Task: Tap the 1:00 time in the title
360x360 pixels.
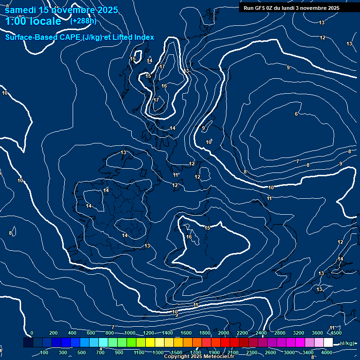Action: [17, 21]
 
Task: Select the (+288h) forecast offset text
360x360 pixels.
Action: [83, 21]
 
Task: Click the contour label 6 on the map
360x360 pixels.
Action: [296, 114]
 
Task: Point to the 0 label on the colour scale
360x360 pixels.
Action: [32, 333]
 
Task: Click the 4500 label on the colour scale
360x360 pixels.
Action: [336, 333]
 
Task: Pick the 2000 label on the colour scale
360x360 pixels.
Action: [224, 333]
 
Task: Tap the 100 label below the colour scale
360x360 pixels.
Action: [44, 352]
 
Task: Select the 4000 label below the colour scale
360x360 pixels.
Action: [327, 352]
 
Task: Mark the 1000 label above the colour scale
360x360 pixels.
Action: [129, 333]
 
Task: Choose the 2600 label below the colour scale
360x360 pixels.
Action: [270, 352]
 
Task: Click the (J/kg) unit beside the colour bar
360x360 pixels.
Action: [347, 343]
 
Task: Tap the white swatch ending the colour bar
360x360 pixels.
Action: [328, 343]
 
